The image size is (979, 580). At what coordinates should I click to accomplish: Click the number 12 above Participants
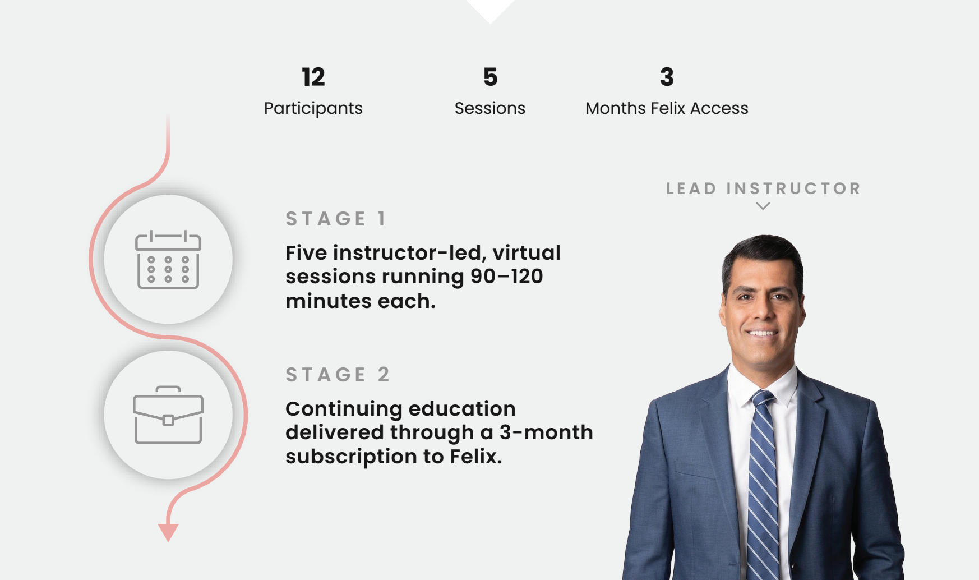pyautogui.click(x=313, y=77)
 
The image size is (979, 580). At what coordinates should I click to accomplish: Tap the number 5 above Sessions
pyautogui.click(x=491, y=77)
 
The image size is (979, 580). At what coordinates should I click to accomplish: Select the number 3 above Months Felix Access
pyautogui.click(x=667, y=77)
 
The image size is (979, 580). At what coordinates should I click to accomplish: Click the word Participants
pyautogui.click(x=313, y=108)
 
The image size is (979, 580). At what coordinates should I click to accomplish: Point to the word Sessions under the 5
pyautogui.click(x=490, y=108)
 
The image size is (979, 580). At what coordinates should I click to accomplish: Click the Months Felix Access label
pyautogui.click(x=667, y=108)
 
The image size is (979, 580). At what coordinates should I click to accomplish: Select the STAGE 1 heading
pyautogui.click(x=336, y=218)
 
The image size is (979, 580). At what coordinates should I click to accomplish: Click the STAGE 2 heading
pyautogui.click(x=338, y=374)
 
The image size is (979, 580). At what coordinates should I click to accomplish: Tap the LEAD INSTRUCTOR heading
pyautogui.click(x=763, y=188)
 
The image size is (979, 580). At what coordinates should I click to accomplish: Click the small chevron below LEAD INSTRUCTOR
pyautogui.click(x=763, y=206)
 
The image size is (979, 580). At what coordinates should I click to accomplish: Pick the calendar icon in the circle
pyautogui.click(x=168, y=260)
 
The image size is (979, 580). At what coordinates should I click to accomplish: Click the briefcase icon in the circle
pyautogui.click(x=168, y=415)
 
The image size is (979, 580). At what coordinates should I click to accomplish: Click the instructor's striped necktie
pyautogui.click(x=764, y=482)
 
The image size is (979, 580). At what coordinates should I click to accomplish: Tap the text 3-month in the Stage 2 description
pyautogui.click(x=546, y=432)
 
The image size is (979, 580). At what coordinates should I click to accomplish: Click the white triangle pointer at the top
pyautogui.click(x=491, y=10)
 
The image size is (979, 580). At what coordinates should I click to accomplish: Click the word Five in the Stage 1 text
pyautogui.click(x=306, y=252)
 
